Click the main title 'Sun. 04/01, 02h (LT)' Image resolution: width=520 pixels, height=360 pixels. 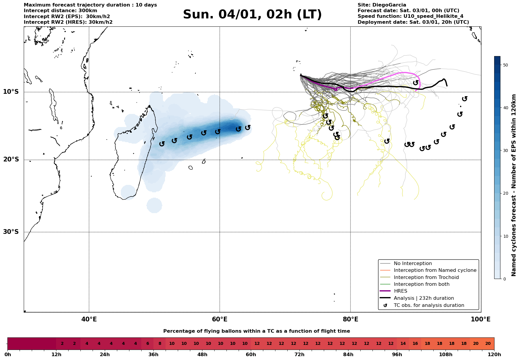pyautogui.click(x=252, y=15)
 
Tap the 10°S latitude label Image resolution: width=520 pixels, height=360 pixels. pyautogui.click(x=11, y=92)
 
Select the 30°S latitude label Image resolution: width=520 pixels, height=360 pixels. pyautogui.click(x=11, y=232)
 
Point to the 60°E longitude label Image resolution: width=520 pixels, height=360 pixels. pyautogui.click(x=220, y=320)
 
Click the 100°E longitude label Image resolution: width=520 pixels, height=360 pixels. pyautogui.click(x=481, y=320)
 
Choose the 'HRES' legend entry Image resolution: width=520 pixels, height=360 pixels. pyautogui.click(x=400, y=291)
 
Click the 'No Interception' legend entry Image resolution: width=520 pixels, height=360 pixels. pyautogui.click(x=413, y=264)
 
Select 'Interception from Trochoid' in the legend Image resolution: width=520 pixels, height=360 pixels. pyautogui.click(x=426, y=277)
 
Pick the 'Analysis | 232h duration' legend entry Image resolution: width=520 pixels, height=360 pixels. pyautogui.click(x=424, y=298)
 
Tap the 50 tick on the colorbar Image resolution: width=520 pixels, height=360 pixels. pyautogui.click(x=505, y=65)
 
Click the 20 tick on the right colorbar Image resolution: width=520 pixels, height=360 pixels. pyautogui.click(x=505, y=194)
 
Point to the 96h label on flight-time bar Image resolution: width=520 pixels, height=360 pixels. pyautogui.click(x=397, y=355)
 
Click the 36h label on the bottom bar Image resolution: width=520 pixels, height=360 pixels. pyautogui.click(x=153, y=355)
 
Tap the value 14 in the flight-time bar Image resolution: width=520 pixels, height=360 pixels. pyautogui.click(x=403, y=344)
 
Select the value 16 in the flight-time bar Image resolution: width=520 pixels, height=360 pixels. pyautogui.click(x=415, y=344)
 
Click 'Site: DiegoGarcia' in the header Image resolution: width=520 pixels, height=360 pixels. pyautogui.click(x=382, y=5)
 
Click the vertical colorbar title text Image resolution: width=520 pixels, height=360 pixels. pyautogui.click(x=514, y=185)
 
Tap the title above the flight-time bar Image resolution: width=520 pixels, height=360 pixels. pyautogui.click(x=256, y=331)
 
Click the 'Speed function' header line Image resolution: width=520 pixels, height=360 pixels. pyautogui.click(x=410, y=16)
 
